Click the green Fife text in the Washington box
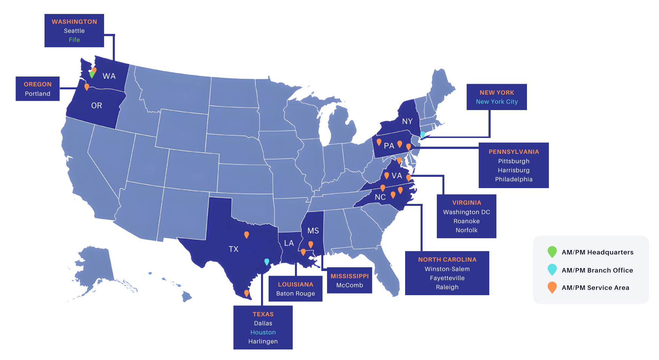74,40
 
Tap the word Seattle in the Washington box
74,31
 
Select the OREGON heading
38,84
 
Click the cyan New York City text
497,102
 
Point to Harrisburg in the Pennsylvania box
513,170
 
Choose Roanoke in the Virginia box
467,221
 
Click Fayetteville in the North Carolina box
447,278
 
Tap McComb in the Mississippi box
350,285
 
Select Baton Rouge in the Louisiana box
295,294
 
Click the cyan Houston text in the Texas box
263,332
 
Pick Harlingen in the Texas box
263,342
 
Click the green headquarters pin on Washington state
92,74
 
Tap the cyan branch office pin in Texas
267,262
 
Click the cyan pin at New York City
423,134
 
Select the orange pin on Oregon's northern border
87,87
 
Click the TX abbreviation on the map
233,249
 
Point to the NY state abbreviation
407,121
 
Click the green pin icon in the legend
552,252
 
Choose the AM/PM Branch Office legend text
597,270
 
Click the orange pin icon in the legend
552,287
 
